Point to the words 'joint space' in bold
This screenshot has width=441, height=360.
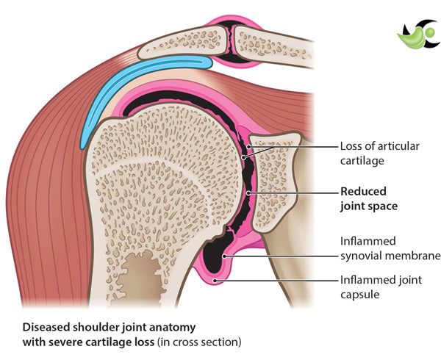[x=368, y=206]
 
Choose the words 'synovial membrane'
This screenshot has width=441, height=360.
[x=390, y=256]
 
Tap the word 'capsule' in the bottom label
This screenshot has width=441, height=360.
[x=359, y=294]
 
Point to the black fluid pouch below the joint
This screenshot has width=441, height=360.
[x=215, y=257]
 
